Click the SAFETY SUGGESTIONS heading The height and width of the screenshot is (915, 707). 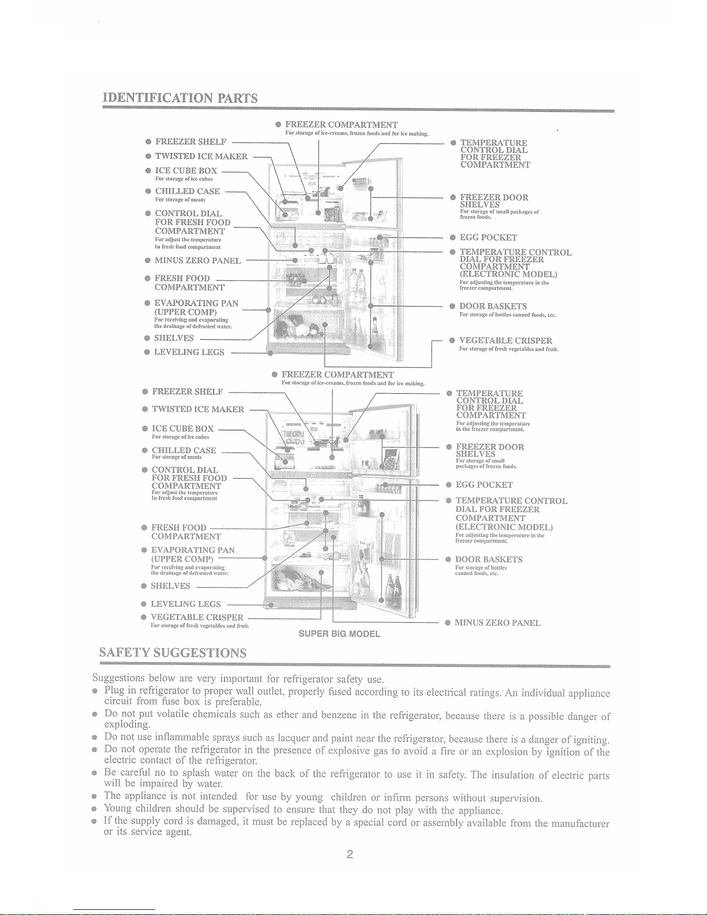coord(173,653)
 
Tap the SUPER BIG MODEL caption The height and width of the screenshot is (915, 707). coord(339,634)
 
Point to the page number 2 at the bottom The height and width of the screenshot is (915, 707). coord(350,854)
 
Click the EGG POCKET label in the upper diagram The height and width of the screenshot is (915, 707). coord(488,237)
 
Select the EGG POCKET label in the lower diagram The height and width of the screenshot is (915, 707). coord(484,485)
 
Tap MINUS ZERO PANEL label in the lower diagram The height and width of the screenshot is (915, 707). coord(497,623)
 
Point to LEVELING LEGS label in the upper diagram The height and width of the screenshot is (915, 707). coord(189,352)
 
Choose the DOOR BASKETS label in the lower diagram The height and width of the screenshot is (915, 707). coord(489,559)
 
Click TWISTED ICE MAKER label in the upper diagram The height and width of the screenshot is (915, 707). coord(201,156)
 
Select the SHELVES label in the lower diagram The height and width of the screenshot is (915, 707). coord(170,586)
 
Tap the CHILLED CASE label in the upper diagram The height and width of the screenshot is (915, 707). coord(187,191)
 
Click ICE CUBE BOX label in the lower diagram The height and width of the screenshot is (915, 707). coord(182,429)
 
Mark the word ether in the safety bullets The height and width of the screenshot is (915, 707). coord(287,715)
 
